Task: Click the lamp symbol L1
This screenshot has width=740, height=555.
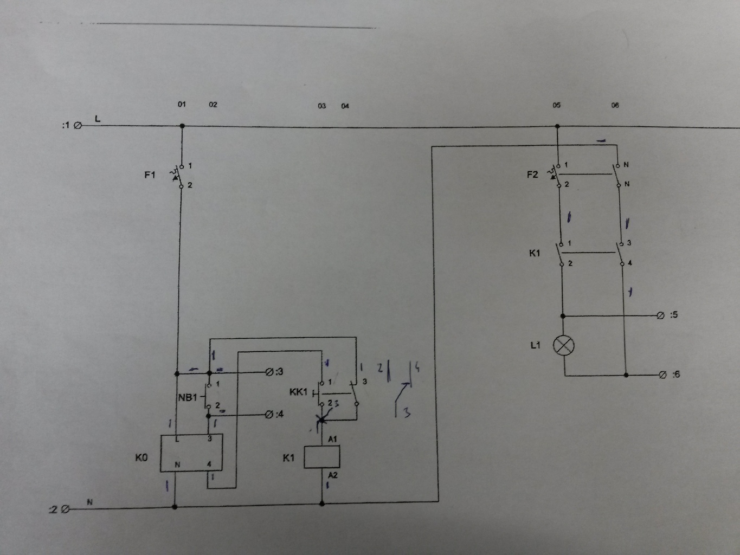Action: click(x=564, y=345)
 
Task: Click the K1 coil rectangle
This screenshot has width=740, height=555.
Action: click(x=322, y=457)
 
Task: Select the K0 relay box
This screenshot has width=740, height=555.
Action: click(x=191, y=453)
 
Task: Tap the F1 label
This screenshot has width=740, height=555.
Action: click(x=150, y=175)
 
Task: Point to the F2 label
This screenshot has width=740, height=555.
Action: click(x=532, y=175)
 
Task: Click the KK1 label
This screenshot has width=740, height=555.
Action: click(x=298, y=392)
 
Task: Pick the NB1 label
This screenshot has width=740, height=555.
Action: click(x=188, y=397)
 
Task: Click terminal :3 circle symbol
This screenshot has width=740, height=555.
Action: click(x=269, y=372)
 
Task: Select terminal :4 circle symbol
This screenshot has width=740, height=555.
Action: click(x=269, y=415)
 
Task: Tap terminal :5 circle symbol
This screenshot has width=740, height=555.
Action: click(x=660, y=315)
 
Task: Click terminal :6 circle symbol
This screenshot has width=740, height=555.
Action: click(x=662, y=375)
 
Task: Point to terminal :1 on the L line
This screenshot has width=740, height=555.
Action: click(x=78, y=126)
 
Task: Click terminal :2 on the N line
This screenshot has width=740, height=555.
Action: click(x=66, y=509)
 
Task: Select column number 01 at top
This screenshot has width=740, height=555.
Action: click(x=182, y=104)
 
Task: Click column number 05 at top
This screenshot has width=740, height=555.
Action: click(x=557, y=105)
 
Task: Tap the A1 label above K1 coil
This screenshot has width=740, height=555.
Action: click(x=332, y=438)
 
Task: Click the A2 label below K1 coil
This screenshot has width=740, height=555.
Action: click(x=332, y=475)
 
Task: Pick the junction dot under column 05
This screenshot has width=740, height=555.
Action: click(x=557, y=127)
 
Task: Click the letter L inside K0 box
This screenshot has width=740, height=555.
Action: click(x=177, y=440)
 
